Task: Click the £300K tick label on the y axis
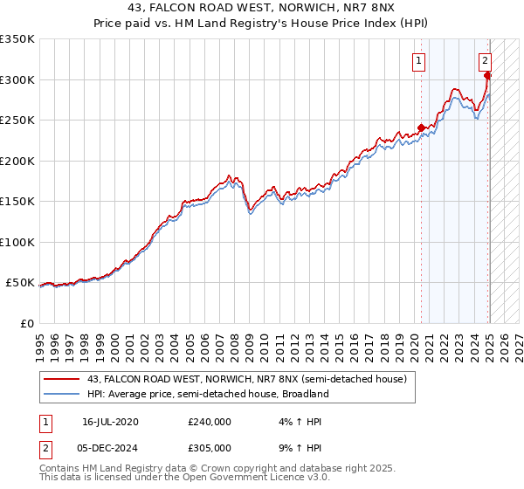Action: (17, 79)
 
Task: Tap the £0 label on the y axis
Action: (26, 323)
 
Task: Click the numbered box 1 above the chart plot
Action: (420, 61)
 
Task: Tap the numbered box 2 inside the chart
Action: (485, 61)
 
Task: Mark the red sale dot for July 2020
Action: (421, 128)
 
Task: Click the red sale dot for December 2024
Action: (487, 76)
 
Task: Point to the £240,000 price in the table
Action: (210, 422)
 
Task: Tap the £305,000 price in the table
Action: (210, 447)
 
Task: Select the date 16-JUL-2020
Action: (110, 422)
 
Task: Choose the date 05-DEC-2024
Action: (111, 447)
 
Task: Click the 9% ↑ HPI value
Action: (298, 447)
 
